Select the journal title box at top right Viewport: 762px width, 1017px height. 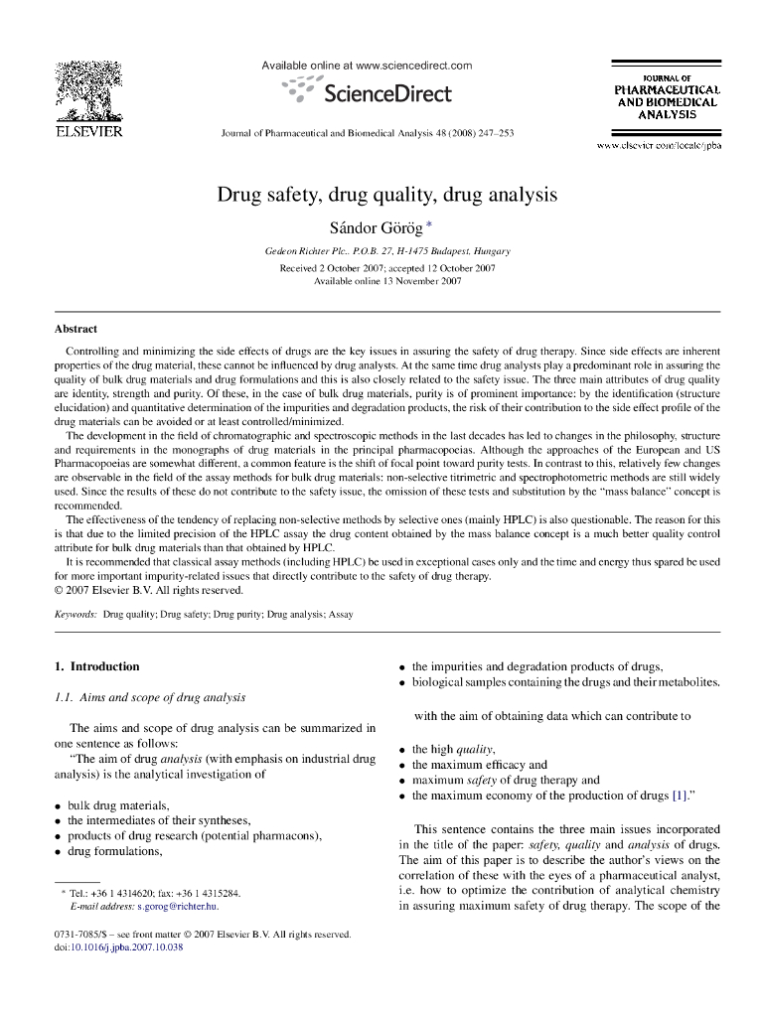coord(667,96)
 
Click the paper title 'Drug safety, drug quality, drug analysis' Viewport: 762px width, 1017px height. coord(387,195)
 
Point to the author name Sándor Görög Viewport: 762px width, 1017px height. coord(381,228)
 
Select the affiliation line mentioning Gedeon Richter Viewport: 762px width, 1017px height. coord(387,251)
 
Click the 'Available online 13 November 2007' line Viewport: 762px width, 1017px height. coord(387,281)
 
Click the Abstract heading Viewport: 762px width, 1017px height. coord(76,329)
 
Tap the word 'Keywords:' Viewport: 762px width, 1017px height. coord(76,615)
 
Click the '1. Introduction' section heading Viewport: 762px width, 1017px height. coord(96,666)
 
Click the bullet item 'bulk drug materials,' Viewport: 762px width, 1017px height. coord(117,805)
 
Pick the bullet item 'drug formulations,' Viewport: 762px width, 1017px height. coord(114,851)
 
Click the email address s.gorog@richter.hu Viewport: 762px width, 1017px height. coord(177,907)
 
